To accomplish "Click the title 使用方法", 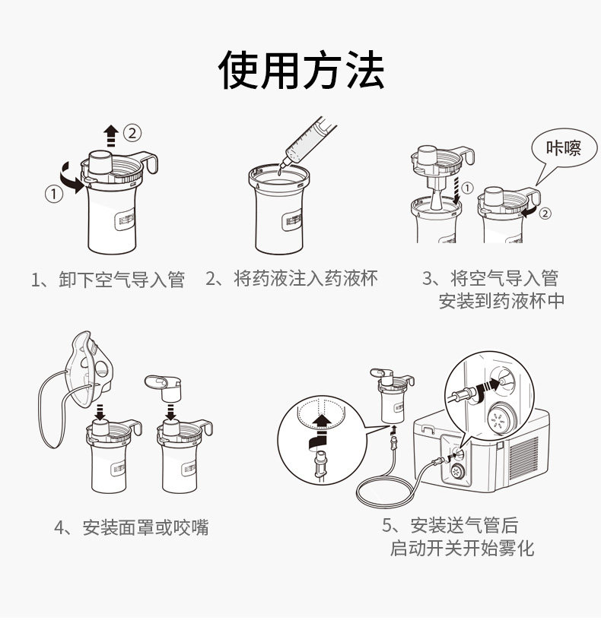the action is (301, 70).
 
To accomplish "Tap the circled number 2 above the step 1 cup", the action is (132, 132).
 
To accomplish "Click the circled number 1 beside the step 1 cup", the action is (54, 195).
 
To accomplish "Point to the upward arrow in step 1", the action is (111, 135).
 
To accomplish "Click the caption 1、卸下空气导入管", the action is (108, 279).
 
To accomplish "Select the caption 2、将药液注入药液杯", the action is (291, 278).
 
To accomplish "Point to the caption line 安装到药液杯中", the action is (501, 301).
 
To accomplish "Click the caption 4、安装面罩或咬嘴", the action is (132, 527).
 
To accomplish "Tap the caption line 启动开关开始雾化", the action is (462, 549).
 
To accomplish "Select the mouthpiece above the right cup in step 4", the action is (164, 387).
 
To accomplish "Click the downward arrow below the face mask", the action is (100, 412).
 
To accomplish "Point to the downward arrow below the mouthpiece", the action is (171, 412).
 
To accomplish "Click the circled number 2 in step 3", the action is (545, 214).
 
